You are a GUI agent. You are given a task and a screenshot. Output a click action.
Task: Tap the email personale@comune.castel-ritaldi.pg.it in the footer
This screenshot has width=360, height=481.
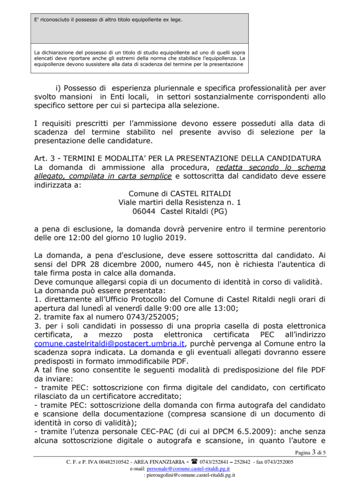pos(188,468)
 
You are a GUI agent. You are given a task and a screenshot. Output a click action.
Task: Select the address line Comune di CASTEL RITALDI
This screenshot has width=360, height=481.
pos(180,194)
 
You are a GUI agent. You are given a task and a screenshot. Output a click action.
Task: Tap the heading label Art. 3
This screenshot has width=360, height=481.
pos(46,158)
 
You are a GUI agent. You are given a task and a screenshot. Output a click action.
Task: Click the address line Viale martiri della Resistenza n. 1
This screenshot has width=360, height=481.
pos(180,202)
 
